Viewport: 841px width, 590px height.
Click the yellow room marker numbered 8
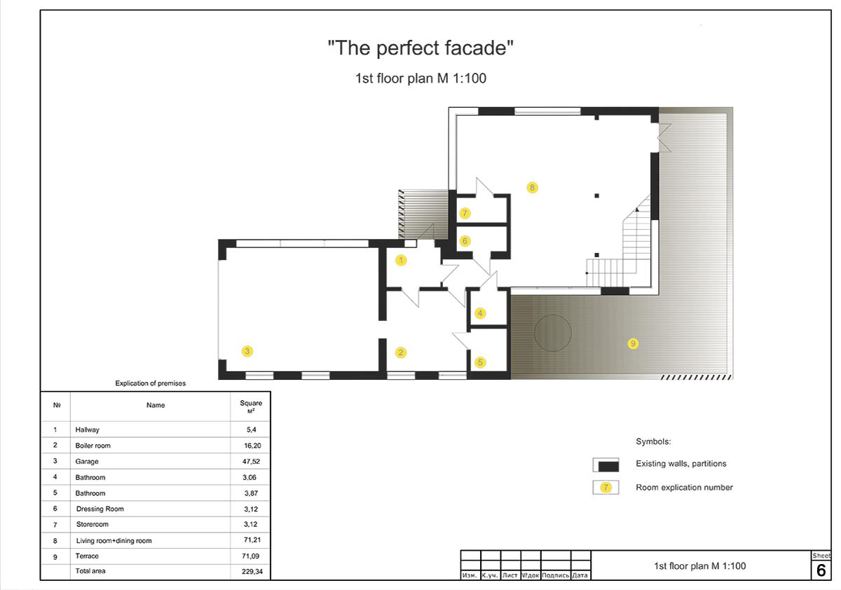pyautogui.click(x=532, y=187)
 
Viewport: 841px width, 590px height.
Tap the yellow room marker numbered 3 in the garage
pyautogui.click(x=247, y=351)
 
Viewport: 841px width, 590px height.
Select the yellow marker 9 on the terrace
pyautogui.click(x=633, y=343)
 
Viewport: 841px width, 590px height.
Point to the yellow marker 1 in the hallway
pyautogui.click(x=401, y=260)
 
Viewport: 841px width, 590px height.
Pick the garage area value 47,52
pyautogui.click(x=251, y=461)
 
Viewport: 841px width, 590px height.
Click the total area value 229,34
pyautogui.click(x=252, y=572)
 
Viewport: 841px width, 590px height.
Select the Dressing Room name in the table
pyautogui.click(x=100, y=509)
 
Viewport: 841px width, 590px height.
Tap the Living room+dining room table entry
pyautogui.click(x=114, y=540)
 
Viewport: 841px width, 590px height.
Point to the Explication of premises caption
pyautogui.click(x=150, y=383)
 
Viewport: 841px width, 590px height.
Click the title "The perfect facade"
pyautogui.click(x=420, y=48)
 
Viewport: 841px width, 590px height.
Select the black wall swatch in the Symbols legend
pyautogui.click(x=608, y=467)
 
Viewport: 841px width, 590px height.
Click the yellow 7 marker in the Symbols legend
pyautogui.click(x=606, y=488)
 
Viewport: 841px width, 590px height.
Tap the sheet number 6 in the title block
pyautogui.click(x=821, y=570)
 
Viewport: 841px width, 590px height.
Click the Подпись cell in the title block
pyautogui.click(x=556, y=575)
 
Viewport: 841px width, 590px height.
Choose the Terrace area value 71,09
pyautogui.click(x=250, y=556)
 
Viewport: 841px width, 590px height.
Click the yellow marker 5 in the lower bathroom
pyautogui.click(x=480, y=362)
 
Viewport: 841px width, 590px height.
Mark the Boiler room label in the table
pyautogui.click(x=93, y=446)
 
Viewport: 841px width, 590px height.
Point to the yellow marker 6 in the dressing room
pyautogui.click(x=465, y=241)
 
